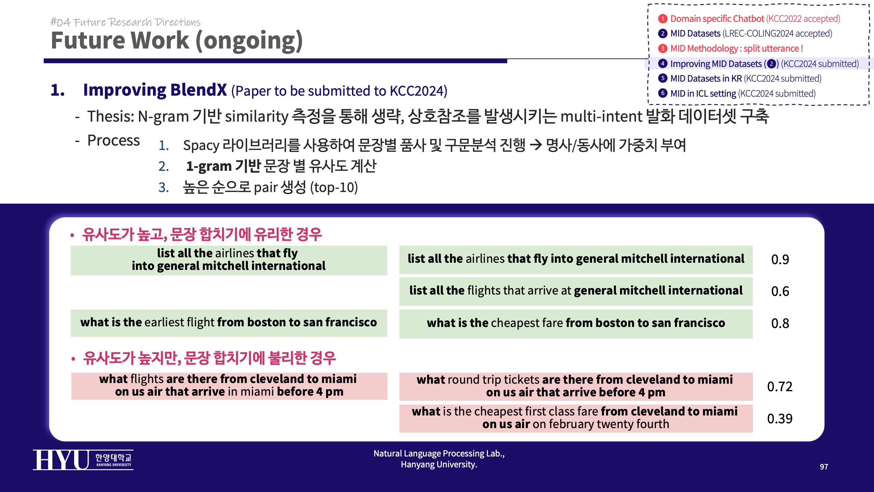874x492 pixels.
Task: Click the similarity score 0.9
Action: tap(780, 260)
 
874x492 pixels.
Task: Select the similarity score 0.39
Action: tap(780, 419)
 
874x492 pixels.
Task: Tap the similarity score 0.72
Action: tap(780, 387)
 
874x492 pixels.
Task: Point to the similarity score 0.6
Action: tap(780, 291)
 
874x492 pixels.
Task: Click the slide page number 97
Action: tap(824, 467)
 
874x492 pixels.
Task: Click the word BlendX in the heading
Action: tap(198, 90)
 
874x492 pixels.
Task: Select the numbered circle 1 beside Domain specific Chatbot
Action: tap(663, 18)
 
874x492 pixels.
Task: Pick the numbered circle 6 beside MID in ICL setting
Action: tap(663, 93)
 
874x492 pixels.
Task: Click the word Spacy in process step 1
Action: tap(201, 146)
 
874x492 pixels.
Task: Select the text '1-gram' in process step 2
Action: tap(209, 166)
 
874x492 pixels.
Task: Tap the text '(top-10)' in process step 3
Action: tap(334, 188)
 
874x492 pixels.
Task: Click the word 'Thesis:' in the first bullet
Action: tap(111, 117)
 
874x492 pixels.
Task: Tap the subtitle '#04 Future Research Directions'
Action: tap(125, 22)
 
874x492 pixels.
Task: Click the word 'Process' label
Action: tap(114, 140)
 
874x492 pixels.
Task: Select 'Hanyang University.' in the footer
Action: tap(439, 465)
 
